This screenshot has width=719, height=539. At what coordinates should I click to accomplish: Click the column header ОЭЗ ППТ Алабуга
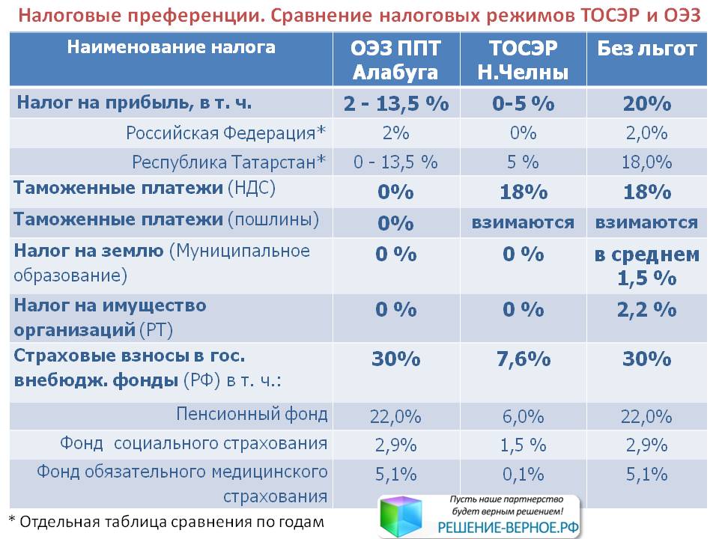tap(395, 60)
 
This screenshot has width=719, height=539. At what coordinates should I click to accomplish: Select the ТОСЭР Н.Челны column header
tap(524, 60)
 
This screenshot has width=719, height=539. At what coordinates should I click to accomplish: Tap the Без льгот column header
tap(646, 49)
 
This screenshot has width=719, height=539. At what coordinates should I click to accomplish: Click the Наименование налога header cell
tap(171, 47)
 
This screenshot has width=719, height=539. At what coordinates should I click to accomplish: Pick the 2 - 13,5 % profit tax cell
tap(396, 103)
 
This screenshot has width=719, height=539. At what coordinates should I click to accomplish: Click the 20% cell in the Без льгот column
tap(647, 103)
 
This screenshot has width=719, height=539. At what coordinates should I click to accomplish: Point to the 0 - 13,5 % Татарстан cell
tap(395, 162)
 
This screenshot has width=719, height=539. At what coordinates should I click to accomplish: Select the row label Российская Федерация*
tap(225, 133)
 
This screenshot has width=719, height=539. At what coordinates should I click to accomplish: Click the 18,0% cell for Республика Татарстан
tap(647, 162)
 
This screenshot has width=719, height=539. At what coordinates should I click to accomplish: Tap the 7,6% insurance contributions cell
tap(524, 359)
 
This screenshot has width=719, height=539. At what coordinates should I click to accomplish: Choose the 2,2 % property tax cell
tap(647, 310)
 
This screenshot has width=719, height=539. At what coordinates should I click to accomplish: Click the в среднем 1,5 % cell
tap(647, 267)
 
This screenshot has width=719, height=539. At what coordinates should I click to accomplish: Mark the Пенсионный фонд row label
tap(252, 414)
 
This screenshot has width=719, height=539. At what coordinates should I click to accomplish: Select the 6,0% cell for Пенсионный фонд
tap(524, 417)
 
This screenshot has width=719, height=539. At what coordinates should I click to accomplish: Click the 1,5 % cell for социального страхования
tap(524, 445)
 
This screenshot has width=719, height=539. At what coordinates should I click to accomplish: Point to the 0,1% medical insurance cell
tap(524, 475)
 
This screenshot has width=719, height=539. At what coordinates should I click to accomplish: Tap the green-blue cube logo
tap(401, 516)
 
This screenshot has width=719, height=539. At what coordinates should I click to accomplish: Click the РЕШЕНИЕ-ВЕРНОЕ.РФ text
tap(508, 528)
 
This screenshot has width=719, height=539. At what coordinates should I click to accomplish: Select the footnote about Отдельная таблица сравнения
tap(166, 522)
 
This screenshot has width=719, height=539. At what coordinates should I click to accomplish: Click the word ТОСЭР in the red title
tap(610, 15)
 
